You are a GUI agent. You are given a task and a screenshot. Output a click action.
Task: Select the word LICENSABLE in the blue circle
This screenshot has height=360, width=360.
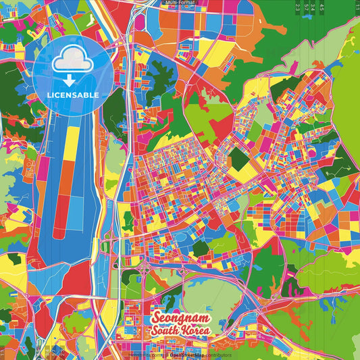72,95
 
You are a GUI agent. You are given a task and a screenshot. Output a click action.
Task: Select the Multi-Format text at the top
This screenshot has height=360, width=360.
180,3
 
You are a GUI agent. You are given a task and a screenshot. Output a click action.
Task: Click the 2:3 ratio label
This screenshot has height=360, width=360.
298,7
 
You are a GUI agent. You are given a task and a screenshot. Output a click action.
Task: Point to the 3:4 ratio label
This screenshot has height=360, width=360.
313,7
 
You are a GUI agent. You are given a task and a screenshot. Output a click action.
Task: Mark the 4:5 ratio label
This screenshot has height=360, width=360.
322,7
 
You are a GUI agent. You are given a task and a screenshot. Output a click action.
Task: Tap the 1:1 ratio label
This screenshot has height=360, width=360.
356,7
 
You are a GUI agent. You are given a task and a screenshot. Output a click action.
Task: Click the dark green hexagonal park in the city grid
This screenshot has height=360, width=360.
238,159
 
